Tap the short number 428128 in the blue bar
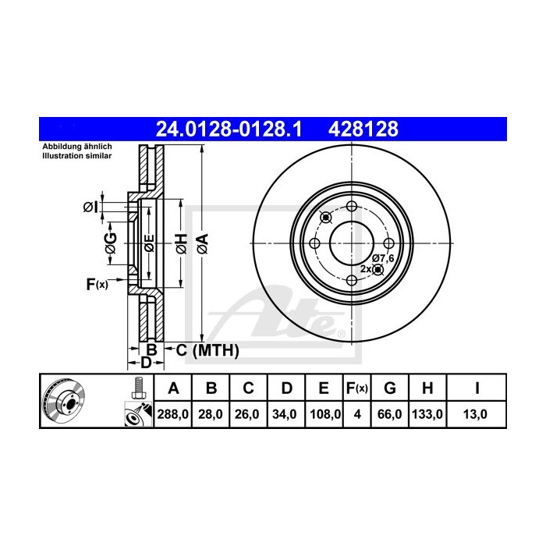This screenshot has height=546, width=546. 366,128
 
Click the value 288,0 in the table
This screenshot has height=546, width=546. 174,414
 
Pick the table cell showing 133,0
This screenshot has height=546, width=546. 428,414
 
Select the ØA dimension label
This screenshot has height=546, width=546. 202,243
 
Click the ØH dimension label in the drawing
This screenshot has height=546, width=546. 179,243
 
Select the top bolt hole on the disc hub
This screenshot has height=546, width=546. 351,206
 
